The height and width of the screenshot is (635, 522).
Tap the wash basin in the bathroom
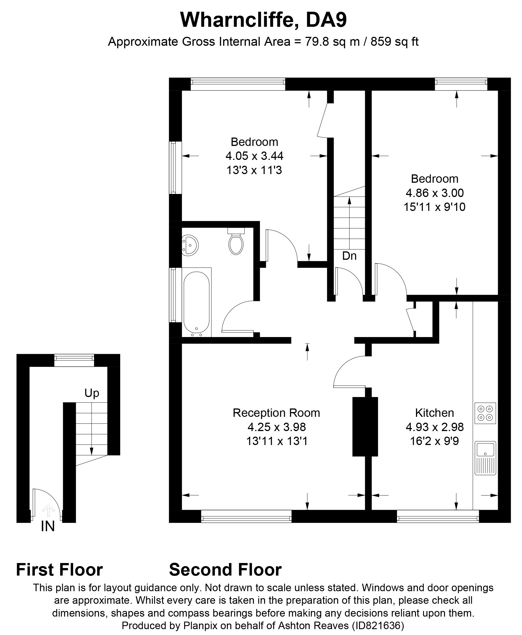189,246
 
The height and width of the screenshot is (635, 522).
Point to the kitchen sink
485,458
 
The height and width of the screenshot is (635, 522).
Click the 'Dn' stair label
349,256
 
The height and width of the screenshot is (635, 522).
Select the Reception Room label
276,413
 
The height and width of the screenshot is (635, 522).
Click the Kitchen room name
434,413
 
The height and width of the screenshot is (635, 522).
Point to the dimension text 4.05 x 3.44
254,156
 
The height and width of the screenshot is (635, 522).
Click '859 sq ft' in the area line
394,42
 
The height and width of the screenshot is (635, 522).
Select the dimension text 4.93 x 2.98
434,427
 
